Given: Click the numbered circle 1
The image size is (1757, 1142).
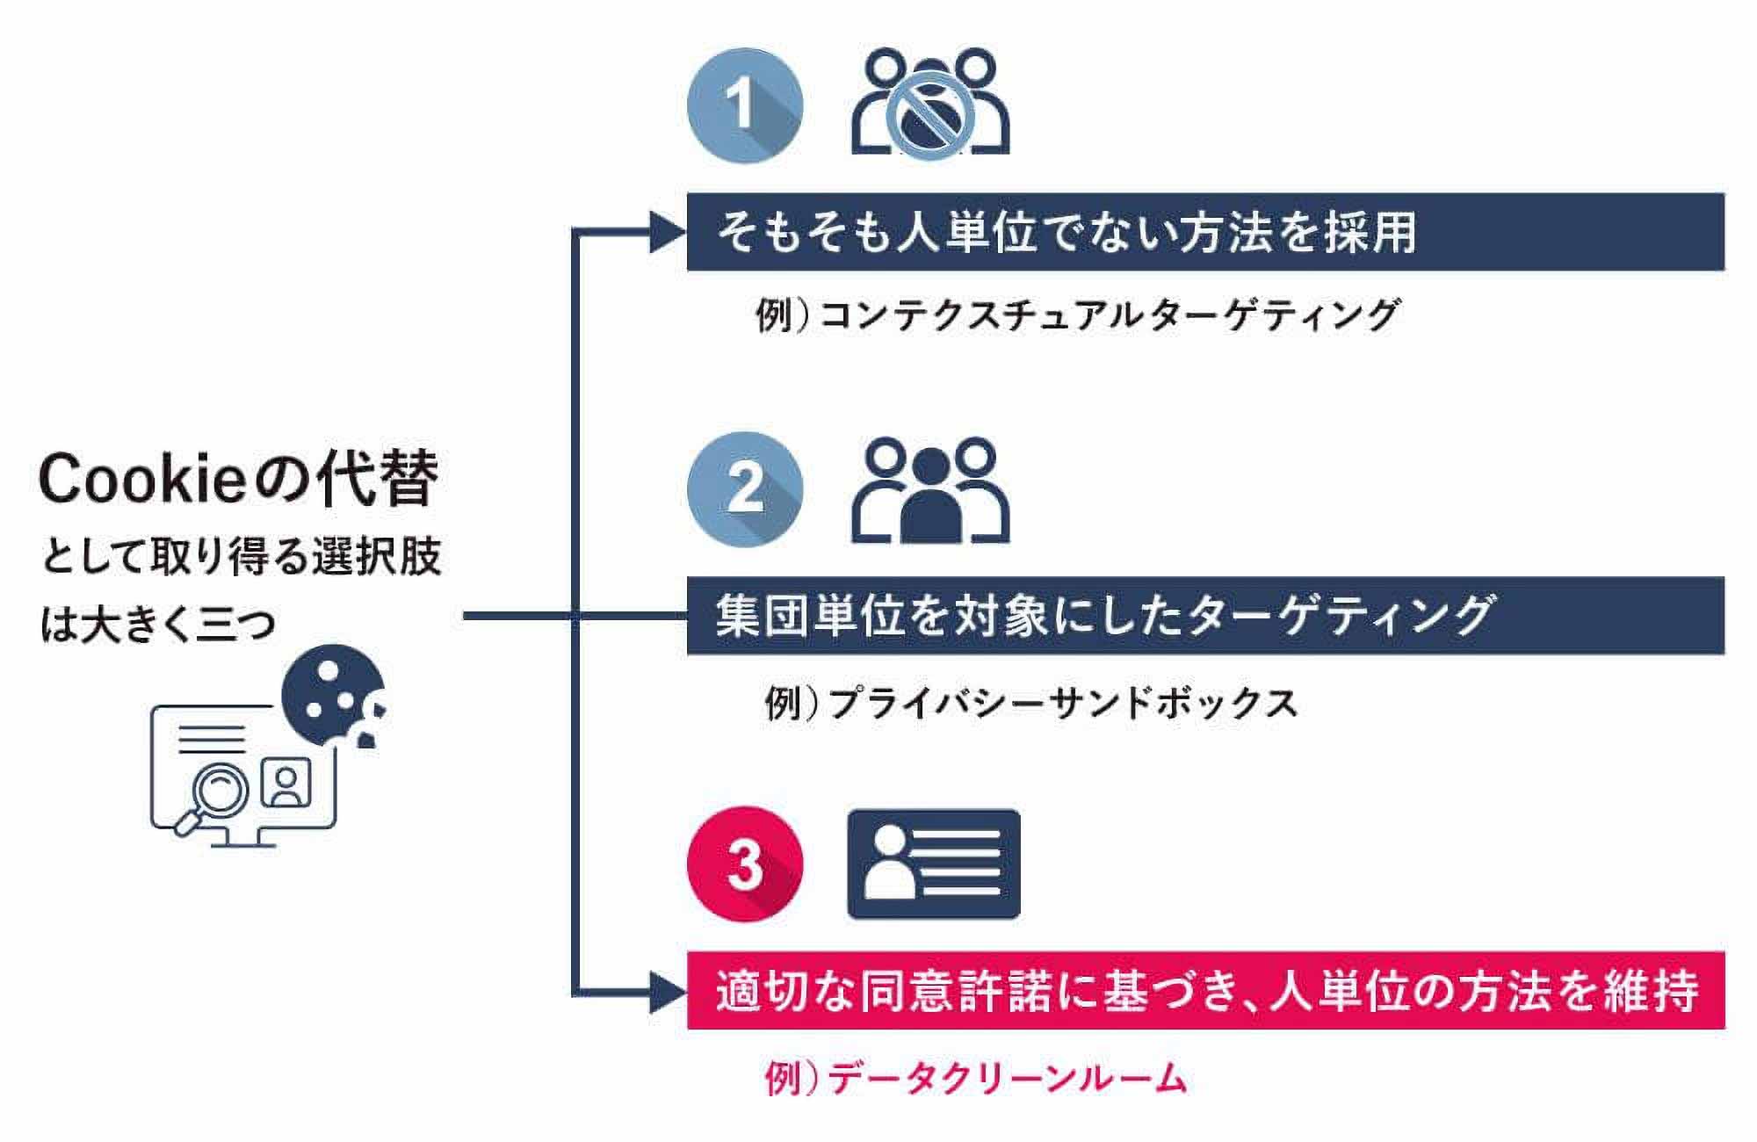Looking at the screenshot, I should (745, 105).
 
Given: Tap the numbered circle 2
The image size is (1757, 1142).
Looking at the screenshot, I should (745, 489).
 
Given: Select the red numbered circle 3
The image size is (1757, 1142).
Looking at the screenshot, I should (745, 864).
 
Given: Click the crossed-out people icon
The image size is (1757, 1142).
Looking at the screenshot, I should (929, 104).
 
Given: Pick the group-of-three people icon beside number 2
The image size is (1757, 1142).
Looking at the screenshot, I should (929, 492).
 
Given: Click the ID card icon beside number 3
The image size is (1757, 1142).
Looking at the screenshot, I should (933, 864).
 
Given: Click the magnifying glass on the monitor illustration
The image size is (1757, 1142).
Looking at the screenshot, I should (213, 795).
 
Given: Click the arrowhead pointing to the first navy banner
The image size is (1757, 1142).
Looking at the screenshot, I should (668, 233).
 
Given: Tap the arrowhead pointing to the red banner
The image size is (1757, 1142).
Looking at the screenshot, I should (668, 993).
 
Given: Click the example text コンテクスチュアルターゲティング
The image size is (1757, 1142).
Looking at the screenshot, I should (1107, 314).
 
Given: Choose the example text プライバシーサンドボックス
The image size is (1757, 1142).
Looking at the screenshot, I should (1063, 704).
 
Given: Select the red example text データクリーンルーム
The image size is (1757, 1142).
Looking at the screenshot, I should (1007, 1078).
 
